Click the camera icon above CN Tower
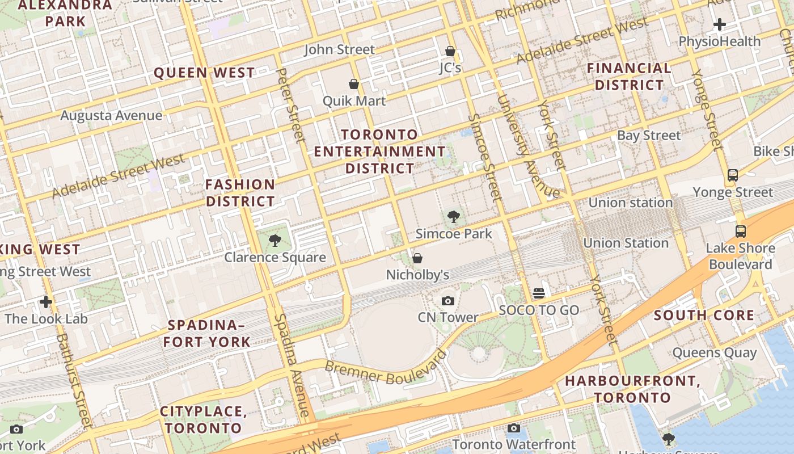448,301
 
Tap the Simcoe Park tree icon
453,216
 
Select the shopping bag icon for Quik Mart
354,84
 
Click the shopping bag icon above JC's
450,51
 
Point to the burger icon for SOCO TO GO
539,293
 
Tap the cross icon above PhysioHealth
720,24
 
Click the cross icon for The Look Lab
46,301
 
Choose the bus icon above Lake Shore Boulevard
741,231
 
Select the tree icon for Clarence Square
275,241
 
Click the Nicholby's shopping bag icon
417,258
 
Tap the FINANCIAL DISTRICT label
629,77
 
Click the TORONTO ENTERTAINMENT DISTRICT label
380,152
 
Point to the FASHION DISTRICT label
240,193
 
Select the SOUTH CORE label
704,316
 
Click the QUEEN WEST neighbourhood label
204,73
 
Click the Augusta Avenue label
111,116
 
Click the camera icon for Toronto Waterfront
514,428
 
